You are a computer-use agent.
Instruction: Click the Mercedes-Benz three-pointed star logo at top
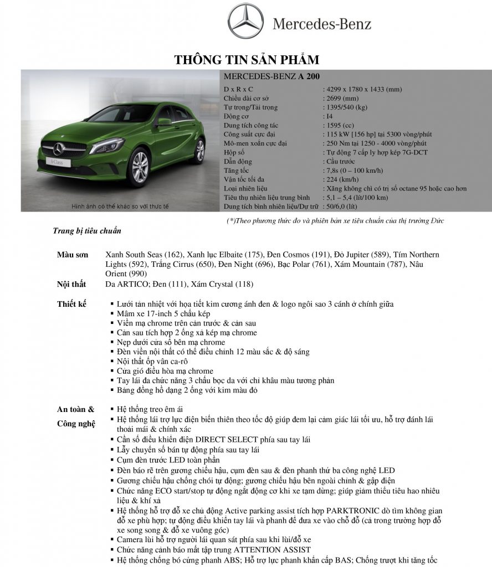247,23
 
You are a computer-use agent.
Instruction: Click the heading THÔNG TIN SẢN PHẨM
247,59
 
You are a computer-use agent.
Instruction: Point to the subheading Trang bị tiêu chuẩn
87,230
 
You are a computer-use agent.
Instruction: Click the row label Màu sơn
73,255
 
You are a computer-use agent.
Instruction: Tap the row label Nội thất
73,285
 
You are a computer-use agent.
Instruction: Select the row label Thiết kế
73,304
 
